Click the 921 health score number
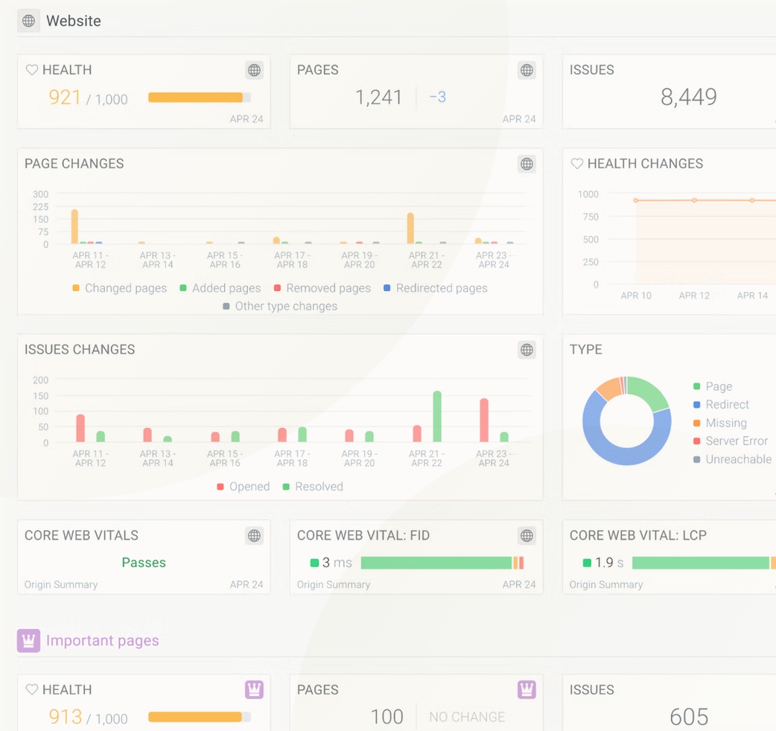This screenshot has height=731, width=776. (x=65, y=98)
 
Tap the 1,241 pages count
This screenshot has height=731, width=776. (x=378, y=98)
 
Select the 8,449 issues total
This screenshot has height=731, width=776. (x=688, y=97)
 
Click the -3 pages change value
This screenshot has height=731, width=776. (x=438, y=98)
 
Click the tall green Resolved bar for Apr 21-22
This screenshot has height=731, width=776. (x=437, y=417)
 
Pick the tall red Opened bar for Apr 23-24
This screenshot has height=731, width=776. (x=484, y=421)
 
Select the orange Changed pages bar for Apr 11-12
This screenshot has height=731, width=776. (x=74, y=226)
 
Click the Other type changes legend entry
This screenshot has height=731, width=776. (x=285, y=306)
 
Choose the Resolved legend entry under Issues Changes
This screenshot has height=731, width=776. (x=318, y=487)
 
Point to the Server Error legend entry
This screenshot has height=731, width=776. (x=736, y=441)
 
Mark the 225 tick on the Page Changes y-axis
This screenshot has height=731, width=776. (x=40, y=207)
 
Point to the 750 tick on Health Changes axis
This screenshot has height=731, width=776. (x=590, y=217)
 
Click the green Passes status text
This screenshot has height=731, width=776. (x=144, y=563)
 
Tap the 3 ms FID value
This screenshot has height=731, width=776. (x=336, y=563)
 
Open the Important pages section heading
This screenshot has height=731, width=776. (x=102, y=641)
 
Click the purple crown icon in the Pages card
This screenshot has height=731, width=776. (x=527, y=690)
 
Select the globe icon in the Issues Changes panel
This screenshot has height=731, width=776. (x=527, y=350)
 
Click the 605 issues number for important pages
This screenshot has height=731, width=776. (x=688, y=717)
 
